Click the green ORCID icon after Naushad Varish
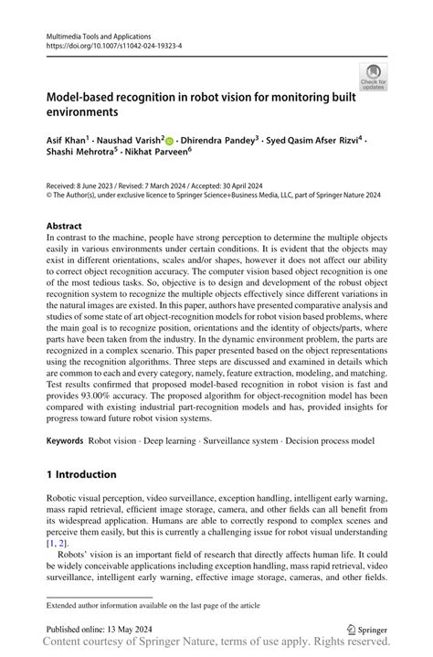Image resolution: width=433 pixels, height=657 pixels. click(169, 141)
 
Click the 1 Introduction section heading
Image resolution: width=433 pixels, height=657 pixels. click(81, 474)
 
